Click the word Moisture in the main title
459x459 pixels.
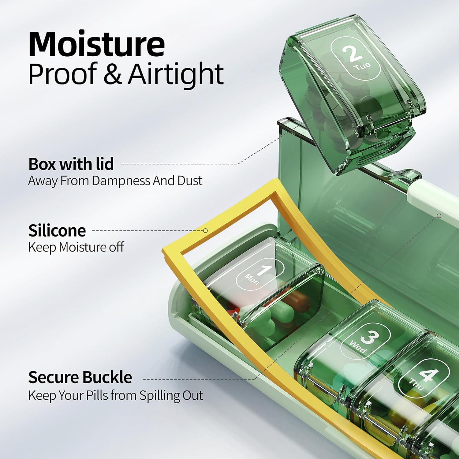[x=97, y=44]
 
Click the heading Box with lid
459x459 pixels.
[x=71, y=164]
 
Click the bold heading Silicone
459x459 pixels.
[x=57, y=230]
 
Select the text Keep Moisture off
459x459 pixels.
[x=76, y=247]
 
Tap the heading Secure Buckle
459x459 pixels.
[x=80, y=377]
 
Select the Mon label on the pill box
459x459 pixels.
[x=252, y=279]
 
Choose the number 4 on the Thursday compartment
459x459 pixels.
[x=429, y=376]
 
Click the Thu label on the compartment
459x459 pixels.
[x=416, y=385]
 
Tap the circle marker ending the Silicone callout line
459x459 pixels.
[x=206, y=230]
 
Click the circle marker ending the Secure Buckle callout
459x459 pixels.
[x=439, y=216]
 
